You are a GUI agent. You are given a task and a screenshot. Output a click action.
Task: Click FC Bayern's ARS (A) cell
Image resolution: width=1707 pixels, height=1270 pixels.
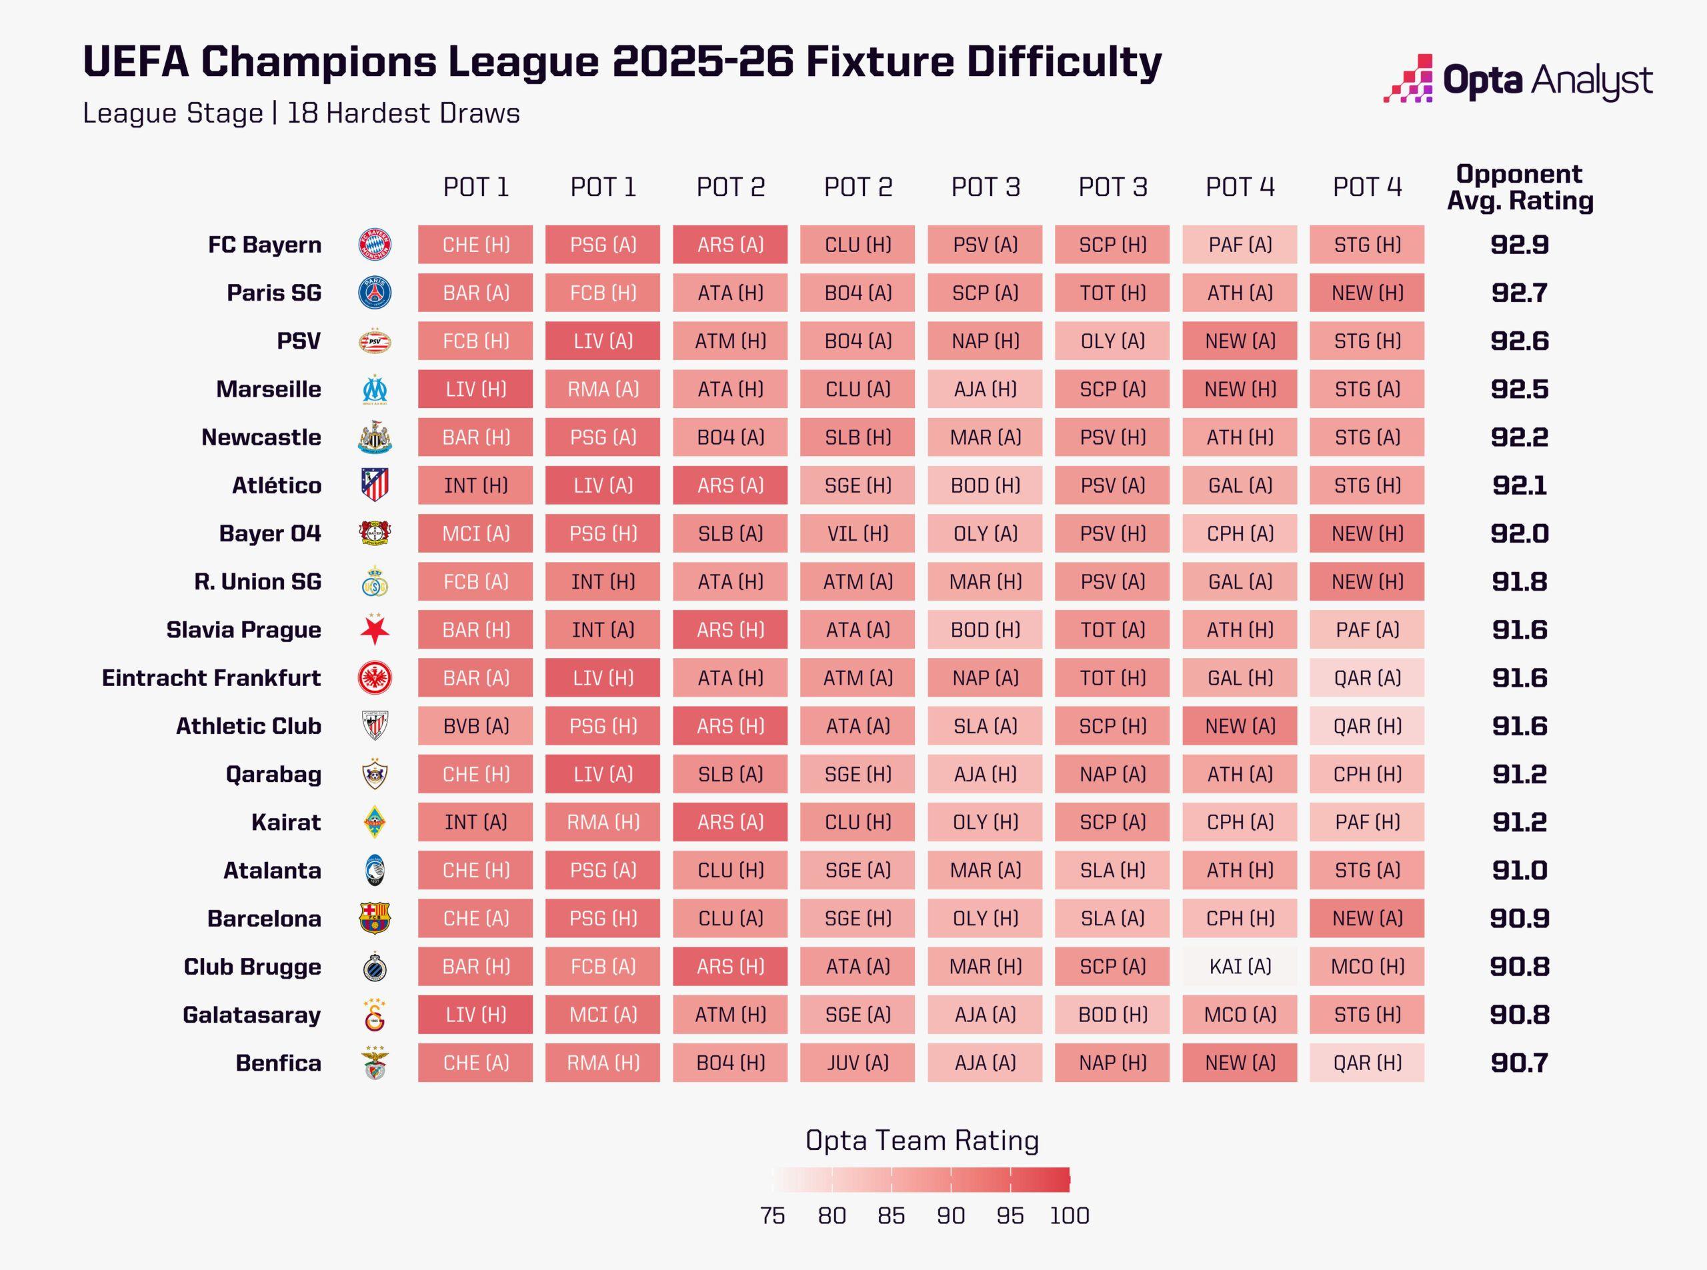point(729,245)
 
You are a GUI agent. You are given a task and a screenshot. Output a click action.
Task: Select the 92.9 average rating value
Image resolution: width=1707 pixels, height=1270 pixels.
point(1520,245)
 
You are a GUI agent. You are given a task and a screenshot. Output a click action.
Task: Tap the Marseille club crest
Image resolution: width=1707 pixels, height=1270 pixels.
point(375,389)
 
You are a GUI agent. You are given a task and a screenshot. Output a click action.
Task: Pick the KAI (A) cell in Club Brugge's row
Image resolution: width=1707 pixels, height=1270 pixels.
point(1240,967)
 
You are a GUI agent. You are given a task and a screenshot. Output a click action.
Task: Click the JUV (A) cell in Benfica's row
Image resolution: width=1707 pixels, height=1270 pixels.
point(858,1063)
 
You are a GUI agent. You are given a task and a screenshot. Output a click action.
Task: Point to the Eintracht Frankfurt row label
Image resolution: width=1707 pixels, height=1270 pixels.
point(211,678)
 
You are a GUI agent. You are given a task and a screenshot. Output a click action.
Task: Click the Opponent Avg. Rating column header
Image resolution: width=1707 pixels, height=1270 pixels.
point(1520,187)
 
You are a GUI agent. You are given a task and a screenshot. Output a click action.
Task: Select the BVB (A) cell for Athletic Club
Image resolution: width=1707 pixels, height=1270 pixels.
point(475,726)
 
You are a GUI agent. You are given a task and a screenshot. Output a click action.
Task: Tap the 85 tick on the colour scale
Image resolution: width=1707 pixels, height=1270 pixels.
point(892,1215)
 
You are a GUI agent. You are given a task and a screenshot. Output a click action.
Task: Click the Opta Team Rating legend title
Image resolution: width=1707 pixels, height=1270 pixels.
point(922,1140)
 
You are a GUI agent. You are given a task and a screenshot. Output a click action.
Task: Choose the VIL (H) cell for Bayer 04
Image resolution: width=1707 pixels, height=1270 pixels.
point(858,533)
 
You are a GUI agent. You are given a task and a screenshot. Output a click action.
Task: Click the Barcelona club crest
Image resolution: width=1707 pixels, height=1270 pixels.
point(375,919)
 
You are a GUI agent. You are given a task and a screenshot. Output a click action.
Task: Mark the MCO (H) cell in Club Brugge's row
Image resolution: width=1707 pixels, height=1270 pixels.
point(1367,967)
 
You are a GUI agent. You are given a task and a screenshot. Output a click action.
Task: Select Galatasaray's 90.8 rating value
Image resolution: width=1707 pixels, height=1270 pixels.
point(1520,1015)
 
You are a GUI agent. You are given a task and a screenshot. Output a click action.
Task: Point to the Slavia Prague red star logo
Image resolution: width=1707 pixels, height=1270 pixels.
point(375,629)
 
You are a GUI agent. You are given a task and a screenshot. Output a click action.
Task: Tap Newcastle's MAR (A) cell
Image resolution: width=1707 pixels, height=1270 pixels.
point(985,437)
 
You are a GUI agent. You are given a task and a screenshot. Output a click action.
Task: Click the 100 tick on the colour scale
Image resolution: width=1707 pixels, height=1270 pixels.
point(1070,1215)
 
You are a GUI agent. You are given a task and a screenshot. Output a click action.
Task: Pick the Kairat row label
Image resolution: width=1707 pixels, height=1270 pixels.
point(285,823)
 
